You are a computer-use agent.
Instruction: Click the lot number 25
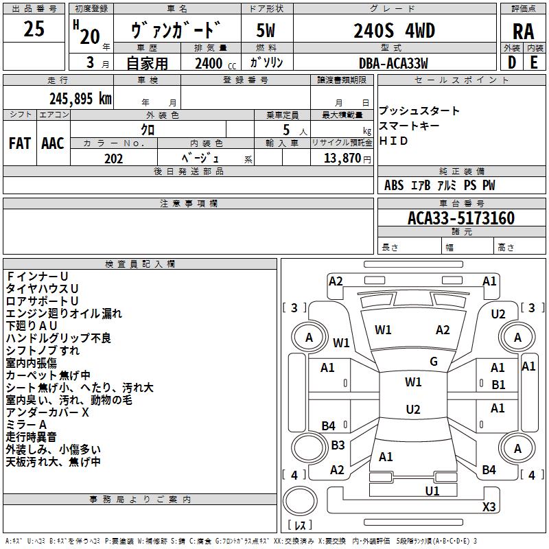pos(34,30)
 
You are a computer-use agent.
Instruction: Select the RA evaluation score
pos(523,32)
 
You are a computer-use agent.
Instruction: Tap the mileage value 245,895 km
pos(80,99)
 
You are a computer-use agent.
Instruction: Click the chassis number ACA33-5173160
pos(460,219)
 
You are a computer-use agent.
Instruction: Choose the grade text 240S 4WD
pos(394,32)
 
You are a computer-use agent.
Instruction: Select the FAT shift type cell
pos(19,143)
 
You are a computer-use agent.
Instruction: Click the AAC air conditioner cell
pos(52,143)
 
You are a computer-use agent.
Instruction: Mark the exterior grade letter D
pos(511,62)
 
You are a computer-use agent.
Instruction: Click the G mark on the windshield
pos(433,362)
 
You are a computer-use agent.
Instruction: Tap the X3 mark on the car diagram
pos(489,507)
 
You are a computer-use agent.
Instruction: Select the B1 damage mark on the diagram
pos(498,385)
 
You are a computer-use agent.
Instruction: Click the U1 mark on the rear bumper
pos(432,491)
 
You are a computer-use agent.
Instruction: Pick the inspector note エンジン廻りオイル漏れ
pos(64,314)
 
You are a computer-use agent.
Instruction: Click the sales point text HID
pos(394,141)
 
